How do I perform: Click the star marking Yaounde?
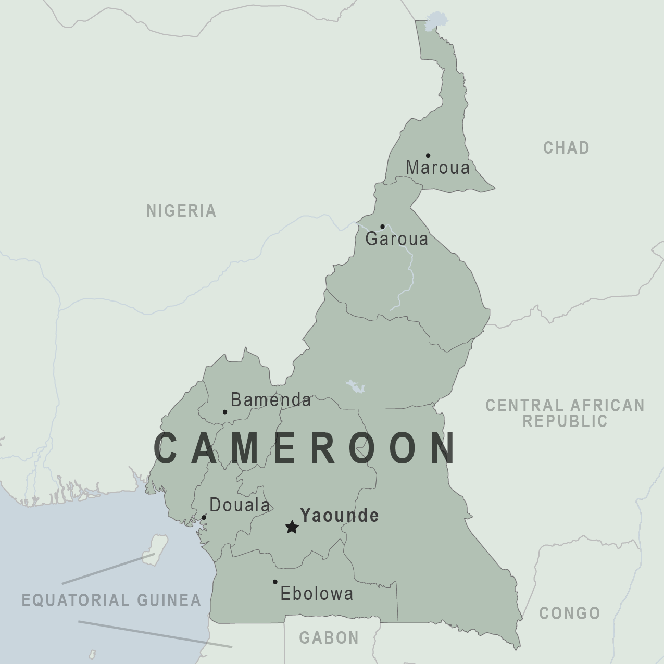pos(292,527)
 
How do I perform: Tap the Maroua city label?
pos(437,168)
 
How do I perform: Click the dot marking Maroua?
pos(428,155)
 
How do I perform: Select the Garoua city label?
pos(397,239)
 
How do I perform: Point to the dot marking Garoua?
pos(382,227)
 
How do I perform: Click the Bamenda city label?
pos(271,400)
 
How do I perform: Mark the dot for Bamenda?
pos(225,412)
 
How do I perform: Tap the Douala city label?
pos(240,505)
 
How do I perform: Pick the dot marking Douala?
pos(204,517)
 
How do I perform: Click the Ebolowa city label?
pos(317,594)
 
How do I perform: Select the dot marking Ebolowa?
pos(275,582)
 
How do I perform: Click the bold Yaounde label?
pos(340,516)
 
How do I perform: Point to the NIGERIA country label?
pos(181,211)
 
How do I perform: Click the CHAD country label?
pos(566,148)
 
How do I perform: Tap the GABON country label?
pos(329,637)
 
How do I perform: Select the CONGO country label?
pos(570,613)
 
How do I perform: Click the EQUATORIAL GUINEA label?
pos(111,600)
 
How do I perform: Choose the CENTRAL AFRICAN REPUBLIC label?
pos(565,413)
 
